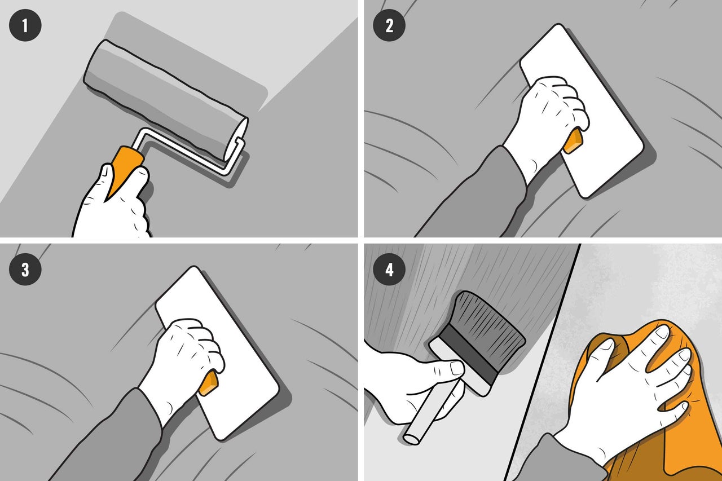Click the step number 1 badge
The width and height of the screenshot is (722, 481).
(x=25, y=25)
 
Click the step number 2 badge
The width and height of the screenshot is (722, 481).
(x=389, y=25)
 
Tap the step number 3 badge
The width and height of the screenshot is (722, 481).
(x=25, y=270)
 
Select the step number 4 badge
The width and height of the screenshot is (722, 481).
(x=389, y=270)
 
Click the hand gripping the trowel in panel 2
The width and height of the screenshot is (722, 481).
(x=548, y=126)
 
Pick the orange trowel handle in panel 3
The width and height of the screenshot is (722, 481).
(x=208, y=383)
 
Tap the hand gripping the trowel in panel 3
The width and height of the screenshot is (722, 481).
(x=184, y=367)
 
